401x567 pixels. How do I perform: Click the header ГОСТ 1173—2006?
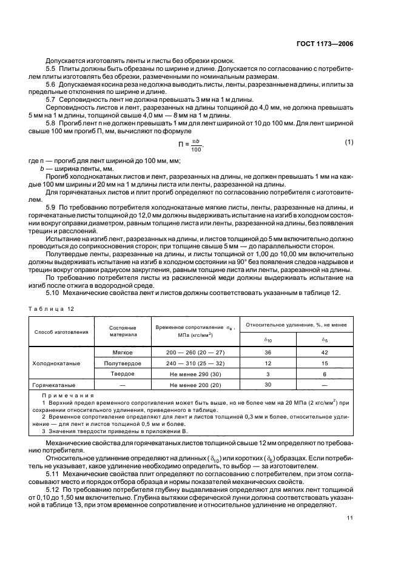coord(325,44)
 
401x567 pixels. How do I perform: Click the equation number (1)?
coord(349,143)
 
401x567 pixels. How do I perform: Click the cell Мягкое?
coord(123,352)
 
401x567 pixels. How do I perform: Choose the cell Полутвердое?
coord(123,363)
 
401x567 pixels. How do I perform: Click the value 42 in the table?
coord(325,352)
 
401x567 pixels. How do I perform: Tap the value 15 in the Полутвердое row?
coord(325,363)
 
